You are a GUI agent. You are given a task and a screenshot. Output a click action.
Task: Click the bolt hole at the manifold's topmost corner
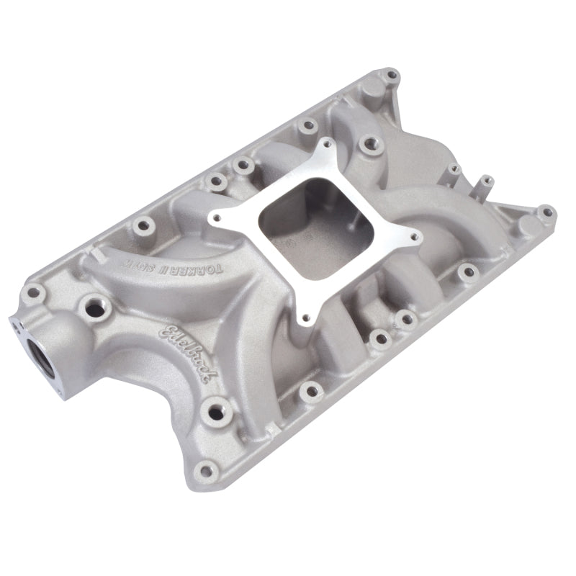click(392, 74)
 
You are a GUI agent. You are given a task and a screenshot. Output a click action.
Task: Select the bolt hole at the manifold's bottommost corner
click(209, 472)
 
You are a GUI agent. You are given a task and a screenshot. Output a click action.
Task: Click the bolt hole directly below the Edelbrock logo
click(215, 413)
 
